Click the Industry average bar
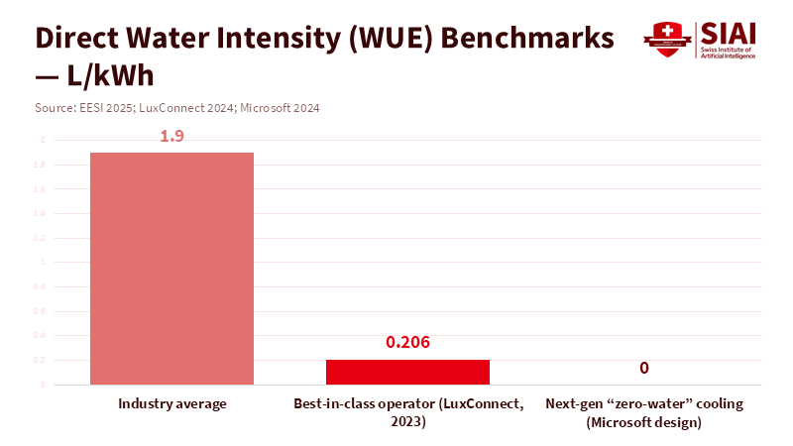pos(171,268)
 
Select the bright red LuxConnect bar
pos(407,372)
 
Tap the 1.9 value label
pos(171,136)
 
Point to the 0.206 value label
pos(407,343)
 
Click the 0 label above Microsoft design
pos(643,368)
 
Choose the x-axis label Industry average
pos(172,404)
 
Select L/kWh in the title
pos(109,76)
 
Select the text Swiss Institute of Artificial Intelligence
pos(729,53)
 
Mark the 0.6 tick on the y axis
pos(41,311)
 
